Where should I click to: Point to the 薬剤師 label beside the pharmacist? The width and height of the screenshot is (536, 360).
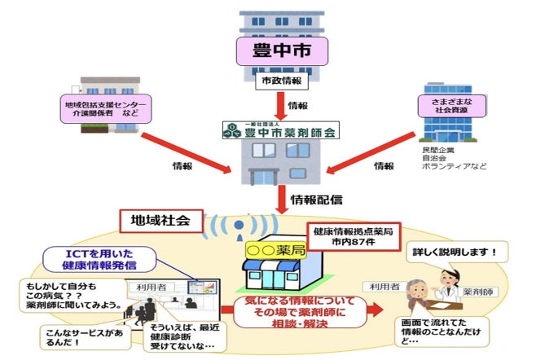click(478, 292)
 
